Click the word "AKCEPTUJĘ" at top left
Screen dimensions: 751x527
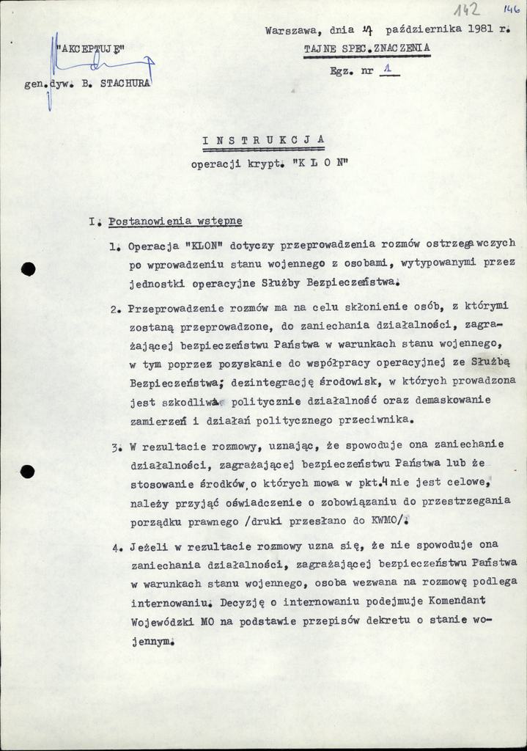pos(92,51)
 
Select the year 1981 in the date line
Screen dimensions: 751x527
pos(481,31)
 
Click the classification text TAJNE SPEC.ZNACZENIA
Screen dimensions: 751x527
pos(367,48)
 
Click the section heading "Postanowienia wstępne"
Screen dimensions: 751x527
pos(175,221)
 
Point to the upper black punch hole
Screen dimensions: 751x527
pos(28,268)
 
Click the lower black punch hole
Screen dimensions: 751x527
pos(28,472)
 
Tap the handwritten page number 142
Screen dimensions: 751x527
pos(465,10)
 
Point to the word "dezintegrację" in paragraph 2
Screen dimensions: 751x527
pos(271,382)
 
